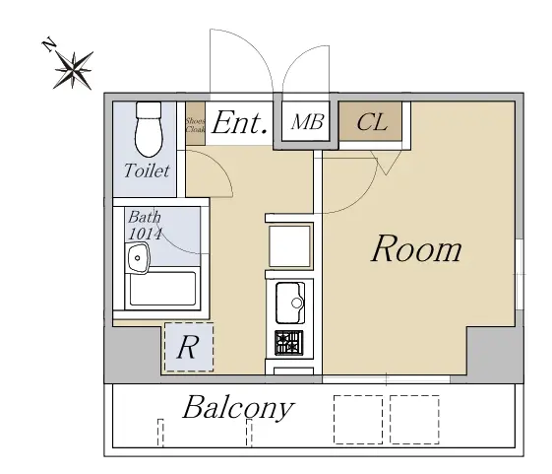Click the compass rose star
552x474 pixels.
[74, 70]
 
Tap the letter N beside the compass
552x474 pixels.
[49, 44]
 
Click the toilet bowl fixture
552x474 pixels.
[149, 129]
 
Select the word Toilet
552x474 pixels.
[148, 170]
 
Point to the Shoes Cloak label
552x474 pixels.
[195, 125]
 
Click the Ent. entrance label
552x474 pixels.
[239, 123]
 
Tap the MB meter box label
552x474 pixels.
[307, 122]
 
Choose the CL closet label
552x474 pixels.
[372, 122]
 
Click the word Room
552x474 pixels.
[416, 248]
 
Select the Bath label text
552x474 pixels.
[145, 217]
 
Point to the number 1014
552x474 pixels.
[145, 234]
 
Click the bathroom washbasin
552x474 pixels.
[139, 258]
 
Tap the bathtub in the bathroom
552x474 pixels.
[162, 289]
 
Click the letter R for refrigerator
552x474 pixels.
[188, 347]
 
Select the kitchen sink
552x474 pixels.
[290, 303]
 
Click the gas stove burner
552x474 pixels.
[289, 343]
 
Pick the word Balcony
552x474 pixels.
[238, 407]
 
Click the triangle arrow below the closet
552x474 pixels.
[386, 163]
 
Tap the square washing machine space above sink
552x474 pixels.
[289, 246]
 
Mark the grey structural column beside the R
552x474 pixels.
[133, 355]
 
